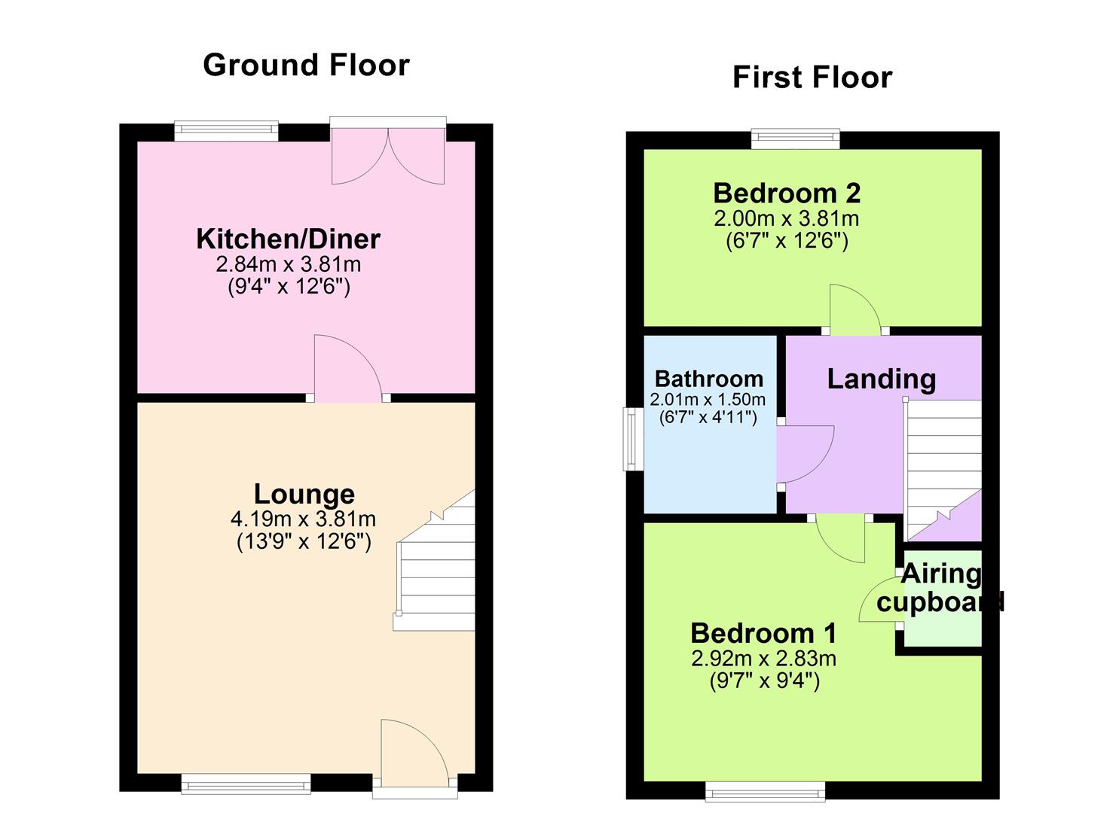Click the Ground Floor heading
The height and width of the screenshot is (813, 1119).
point(306,65)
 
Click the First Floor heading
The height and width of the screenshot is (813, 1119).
point(812,78)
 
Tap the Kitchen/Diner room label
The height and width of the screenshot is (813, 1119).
point(288,239)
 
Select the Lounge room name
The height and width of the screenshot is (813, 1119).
point(304,495)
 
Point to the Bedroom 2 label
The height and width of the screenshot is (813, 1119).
point(787,194)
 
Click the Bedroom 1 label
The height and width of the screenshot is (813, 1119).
point(763,633)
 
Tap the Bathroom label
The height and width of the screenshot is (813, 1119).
point(708,379)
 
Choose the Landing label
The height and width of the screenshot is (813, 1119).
point(881,379)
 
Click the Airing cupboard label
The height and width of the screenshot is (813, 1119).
point(940,588)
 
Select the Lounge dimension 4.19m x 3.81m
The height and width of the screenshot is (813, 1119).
point(304,519)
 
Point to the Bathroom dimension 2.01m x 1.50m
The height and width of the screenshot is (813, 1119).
point(708,400)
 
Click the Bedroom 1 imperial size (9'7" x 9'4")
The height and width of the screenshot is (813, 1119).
point(764,681)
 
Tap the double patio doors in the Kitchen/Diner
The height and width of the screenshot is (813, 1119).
point(388,154)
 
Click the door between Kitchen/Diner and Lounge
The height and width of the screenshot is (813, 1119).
point(348,369)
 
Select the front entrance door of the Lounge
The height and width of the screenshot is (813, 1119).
point(414,753)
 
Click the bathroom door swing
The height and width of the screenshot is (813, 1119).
point(805,453)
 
